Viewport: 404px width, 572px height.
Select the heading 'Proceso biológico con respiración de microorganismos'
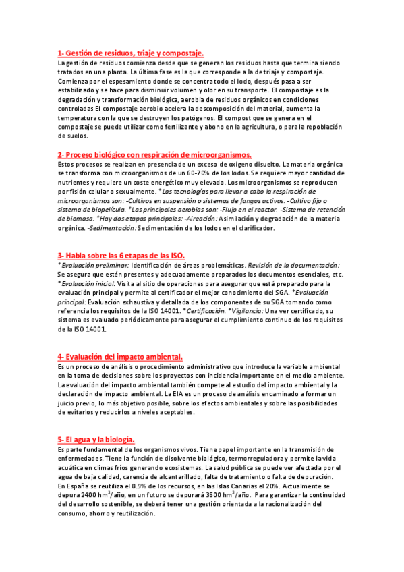pyautogui.click(x=154, y=154)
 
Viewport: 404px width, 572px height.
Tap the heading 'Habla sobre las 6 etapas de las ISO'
pyautogui.click(x=121, y=256)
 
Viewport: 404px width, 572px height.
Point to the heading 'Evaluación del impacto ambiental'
pyautogui.click(x=120, y=357)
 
